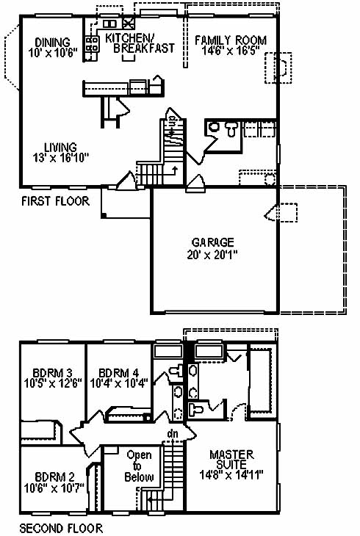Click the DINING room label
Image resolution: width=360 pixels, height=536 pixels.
pos(52,43)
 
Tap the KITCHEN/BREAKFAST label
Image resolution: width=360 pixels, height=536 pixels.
pos(140,43)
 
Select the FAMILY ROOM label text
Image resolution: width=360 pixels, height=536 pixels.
pos(231,40)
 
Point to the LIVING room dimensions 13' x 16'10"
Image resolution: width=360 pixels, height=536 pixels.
pos(60,158)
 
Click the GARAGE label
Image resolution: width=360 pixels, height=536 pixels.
pos(213,242)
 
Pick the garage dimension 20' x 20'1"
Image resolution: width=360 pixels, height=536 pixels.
pos(212,255)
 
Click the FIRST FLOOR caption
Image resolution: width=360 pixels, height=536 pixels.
pos(55,200)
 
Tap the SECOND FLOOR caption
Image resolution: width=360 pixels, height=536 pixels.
pos(61,528)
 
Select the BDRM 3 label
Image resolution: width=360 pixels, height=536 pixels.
pos(53,372)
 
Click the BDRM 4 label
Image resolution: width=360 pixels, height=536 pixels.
pos(118,372)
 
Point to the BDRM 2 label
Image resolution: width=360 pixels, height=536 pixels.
pos(54,477)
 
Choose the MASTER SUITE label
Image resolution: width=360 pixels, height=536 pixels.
pos(231,460)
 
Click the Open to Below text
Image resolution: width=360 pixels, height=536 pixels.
pos(139,466)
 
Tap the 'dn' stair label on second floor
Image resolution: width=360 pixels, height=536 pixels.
pos(173,433)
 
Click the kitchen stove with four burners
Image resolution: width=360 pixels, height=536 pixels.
pos(93,44)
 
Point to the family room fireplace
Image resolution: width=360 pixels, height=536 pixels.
pos(278,68)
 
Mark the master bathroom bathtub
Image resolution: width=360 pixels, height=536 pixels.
pos(262,381)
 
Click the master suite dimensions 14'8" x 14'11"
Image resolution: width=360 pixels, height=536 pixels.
pos(231,475)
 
